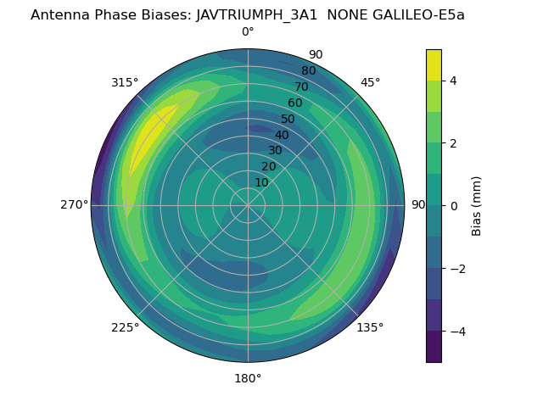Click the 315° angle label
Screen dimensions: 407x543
[x=125, y=82]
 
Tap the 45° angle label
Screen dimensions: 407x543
[x=370, y=82]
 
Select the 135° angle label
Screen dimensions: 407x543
[x=370, y=327]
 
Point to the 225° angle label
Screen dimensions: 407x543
[x=125, y=327]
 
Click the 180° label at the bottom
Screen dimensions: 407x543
[x=248, y=378]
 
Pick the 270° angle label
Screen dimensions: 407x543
[x=74, y=204]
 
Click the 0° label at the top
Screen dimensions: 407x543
[x=248, y=32]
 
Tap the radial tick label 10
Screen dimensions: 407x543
[x=261, y=182]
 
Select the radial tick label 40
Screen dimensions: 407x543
[x=282, y=135]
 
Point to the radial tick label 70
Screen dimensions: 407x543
[x=302, y=86]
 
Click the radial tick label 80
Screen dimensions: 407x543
[x=308, y=71]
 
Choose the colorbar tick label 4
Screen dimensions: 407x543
[x=454, y=81]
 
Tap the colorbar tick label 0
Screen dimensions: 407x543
[x=454, y=205]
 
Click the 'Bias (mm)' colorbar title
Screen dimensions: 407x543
[x=477, y=205]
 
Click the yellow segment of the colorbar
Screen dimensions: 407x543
[x=434, y=65]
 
